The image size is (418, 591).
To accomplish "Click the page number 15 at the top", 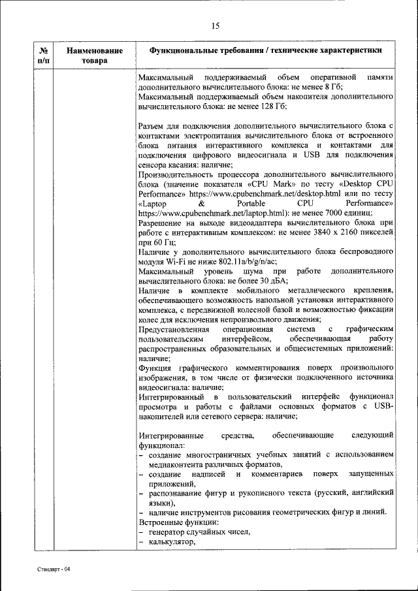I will pos(216,25).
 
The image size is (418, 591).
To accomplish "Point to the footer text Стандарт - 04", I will pos(53,569).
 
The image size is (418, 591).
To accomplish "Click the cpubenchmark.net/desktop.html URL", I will pos(267,194).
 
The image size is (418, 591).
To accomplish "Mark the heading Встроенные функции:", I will pos(174,522).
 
